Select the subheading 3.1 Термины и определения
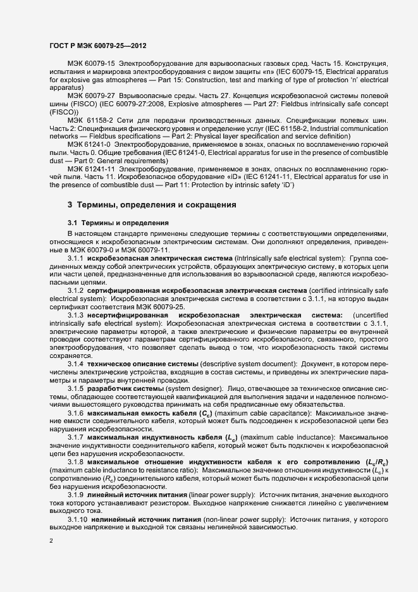pos(118,223)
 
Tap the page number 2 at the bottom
pos(51,541)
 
